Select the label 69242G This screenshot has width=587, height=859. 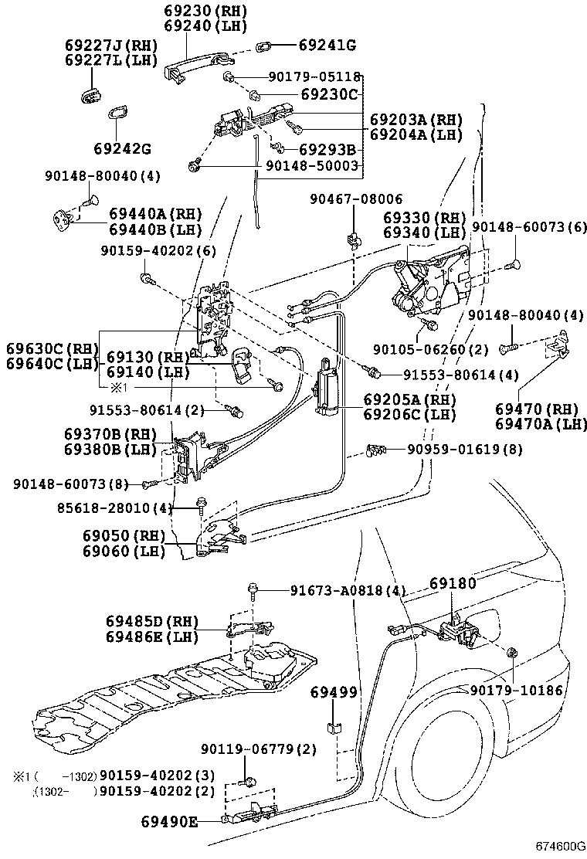click(x=122, y=148)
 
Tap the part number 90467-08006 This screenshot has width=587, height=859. click(x=356, y=199)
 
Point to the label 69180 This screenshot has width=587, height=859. click(x=453, y=583)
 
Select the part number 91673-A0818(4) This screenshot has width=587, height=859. click(x=348, y=591)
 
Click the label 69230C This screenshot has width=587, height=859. click(x=330, y=95)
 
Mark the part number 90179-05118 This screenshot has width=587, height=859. click(x=314, y=76)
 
